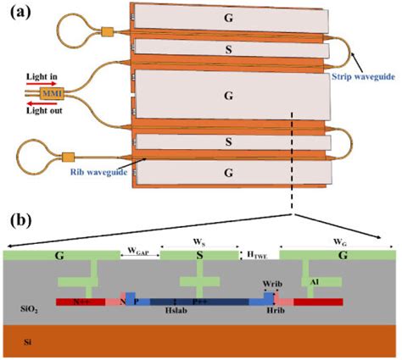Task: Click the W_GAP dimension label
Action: point(138,250)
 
